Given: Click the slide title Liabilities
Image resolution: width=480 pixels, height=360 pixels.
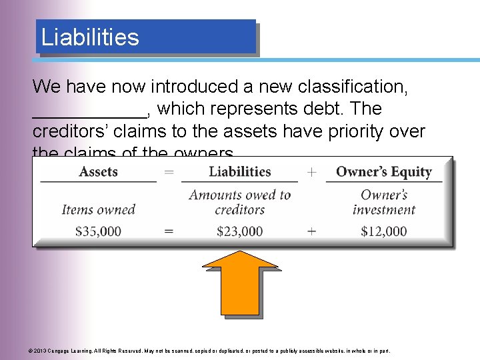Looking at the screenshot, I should tap(90, 37).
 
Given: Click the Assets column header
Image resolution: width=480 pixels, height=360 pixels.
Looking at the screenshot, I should tap(98, 171).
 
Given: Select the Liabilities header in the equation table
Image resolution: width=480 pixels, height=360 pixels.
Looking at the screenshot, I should tap(239, 171).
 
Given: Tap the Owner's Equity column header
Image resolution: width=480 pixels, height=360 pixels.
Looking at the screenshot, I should tap(383, 171).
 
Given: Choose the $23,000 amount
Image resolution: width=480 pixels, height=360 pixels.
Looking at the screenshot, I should tap(239, 231).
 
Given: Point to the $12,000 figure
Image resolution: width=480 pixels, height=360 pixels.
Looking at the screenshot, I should tap(383, 231).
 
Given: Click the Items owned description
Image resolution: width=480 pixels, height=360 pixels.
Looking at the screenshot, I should tap(98, 209).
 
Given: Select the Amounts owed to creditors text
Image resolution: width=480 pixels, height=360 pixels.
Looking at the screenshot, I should tap(239, 202).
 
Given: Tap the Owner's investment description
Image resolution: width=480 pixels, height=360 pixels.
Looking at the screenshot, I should tap(384, 202).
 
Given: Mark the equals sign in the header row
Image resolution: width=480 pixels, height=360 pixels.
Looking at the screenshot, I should tap(169, 172).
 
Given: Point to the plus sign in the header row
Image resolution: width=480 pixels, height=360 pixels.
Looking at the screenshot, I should tap(311, 172).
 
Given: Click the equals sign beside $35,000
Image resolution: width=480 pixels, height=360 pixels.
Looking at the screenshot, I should tap(169, 231).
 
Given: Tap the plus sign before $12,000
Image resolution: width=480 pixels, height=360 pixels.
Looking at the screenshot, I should tap(311, 231).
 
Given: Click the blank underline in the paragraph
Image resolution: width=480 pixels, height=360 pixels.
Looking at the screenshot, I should tap(90, 113).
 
